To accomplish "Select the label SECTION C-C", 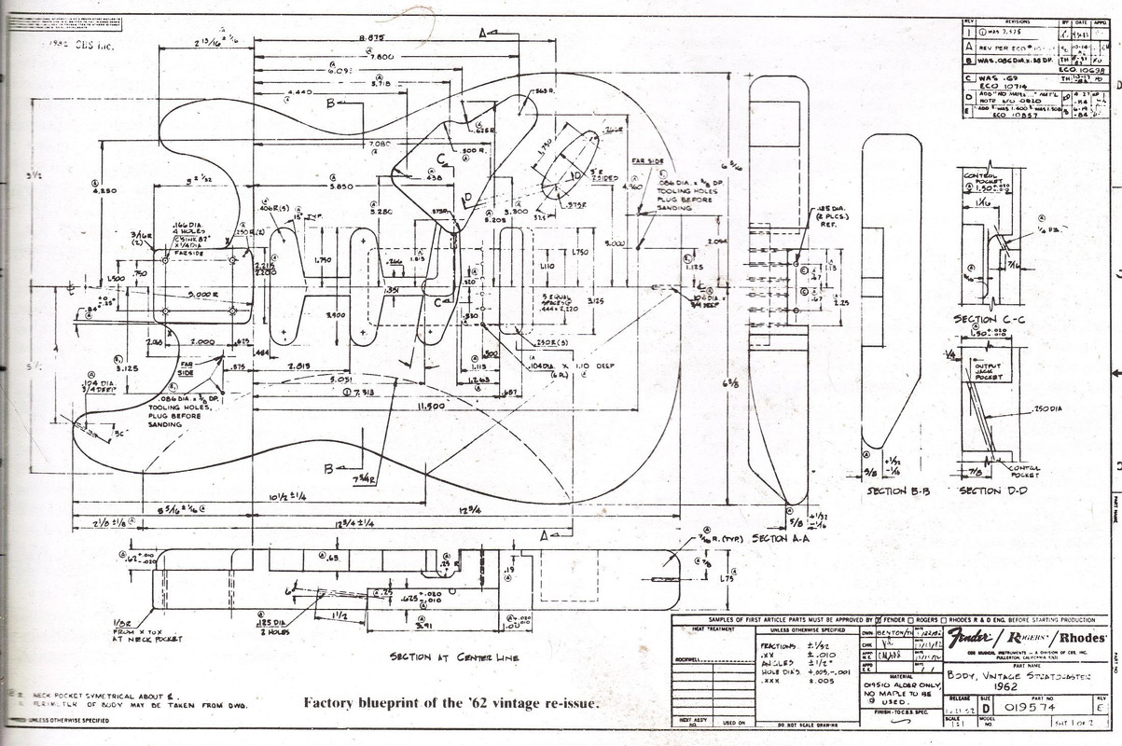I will [x=988, y=319].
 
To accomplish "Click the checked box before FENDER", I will [x=877, y=620].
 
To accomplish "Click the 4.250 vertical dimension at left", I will [x=104, y=191].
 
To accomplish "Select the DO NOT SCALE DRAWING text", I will [x=807, y=725].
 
